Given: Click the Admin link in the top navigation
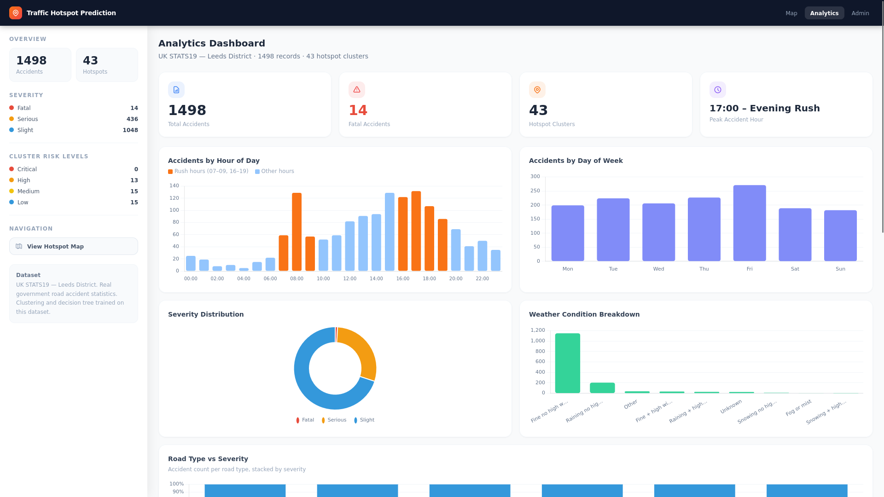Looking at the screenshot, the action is point(860,13).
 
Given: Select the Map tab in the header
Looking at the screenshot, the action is point(791,13).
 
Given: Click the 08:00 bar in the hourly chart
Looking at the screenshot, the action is point(297,232).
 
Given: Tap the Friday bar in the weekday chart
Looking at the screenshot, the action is point(750,223).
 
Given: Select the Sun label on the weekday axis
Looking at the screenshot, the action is point(840,269).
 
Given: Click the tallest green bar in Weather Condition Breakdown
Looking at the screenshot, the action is point(568,363).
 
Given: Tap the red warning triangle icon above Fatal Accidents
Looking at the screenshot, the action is point(357,90).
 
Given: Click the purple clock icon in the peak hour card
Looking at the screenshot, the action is point(718,90).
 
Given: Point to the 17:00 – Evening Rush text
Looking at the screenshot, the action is point(765,108).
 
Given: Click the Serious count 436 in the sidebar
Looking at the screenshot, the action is point(132,119).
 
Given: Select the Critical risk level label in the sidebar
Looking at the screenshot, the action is point(27,169).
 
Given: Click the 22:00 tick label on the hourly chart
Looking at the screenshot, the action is point(482,279).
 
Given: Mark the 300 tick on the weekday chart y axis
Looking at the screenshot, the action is point(535,177).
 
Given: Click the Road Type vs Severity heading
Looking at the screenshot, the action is point(208,459).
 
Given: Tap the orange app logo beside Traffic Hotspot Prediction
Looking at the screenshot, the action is point(16,13).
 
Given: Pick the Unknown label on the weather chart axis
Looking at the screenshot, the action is point(731,406).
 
